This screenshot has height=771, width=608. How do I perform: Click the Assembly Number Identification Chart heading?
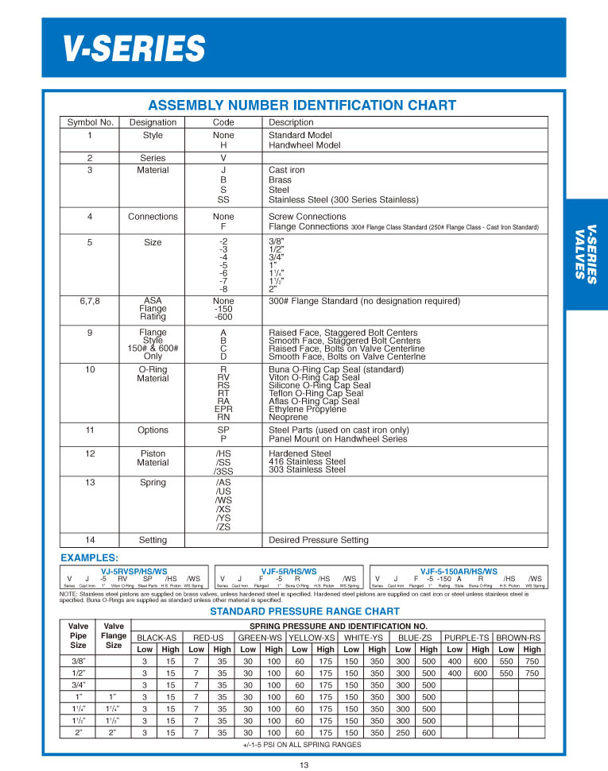302,106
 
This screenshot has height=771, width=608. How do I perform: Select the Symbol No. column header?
89,122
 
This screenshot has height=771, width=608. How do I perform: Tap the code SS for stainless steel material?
223,199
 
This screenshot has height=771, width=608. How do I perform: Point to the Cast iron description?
286,170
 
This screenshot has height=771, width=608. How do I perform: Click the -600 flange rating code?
223,317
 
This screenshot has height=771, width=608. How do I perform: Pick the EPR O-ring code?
223,409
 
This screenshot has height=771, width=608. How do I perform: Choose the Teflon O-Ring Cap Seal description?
316,393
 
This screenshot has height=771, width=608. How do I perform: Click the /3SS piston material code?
223,470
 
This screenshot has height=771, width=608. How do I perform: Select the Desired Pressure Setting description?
319,540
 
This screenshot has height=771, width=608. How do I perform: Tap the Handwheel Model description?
304,145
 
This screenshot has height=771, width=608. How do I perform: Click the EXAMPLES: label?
89,558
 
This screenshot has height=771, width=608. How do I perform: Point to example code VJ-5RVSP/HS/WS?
134,571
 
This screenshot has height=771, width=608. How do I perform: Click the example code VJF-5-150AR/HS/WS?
459,571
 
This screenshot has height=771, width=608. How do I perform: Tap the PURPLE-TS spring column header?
467,638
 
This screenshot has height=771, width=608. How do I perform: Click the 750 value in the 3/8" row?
532,661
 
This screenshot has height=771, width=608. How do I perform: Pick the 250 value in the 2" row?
403,732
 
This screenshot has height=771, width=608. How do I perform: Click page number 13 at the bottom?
304,765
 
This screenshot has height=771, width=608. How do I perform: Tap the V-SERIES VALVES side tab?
586,254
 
